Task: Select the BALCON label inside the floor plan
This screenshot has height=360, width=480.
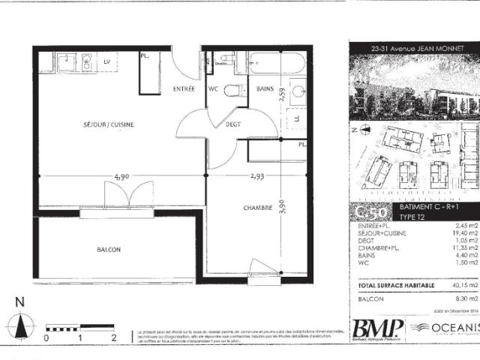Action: [x=109, y=249]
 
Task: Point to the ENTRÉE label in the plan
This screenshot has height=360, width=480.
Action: [x=184, y=88]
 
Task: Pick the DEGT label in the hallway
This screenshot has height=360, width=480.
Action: [x=233, y=124]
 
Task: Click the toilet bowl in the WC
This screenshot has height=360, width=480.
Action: [x=235, y=91]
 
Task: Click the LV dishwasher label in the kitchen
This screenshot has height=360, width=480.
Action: [x=106, y=61]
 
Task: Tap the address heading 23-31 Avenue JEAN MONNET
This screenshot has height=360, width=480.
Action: [x=413, y=48]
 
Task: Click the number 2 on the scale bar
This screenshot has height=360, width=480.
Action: [x=113, y=338]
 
